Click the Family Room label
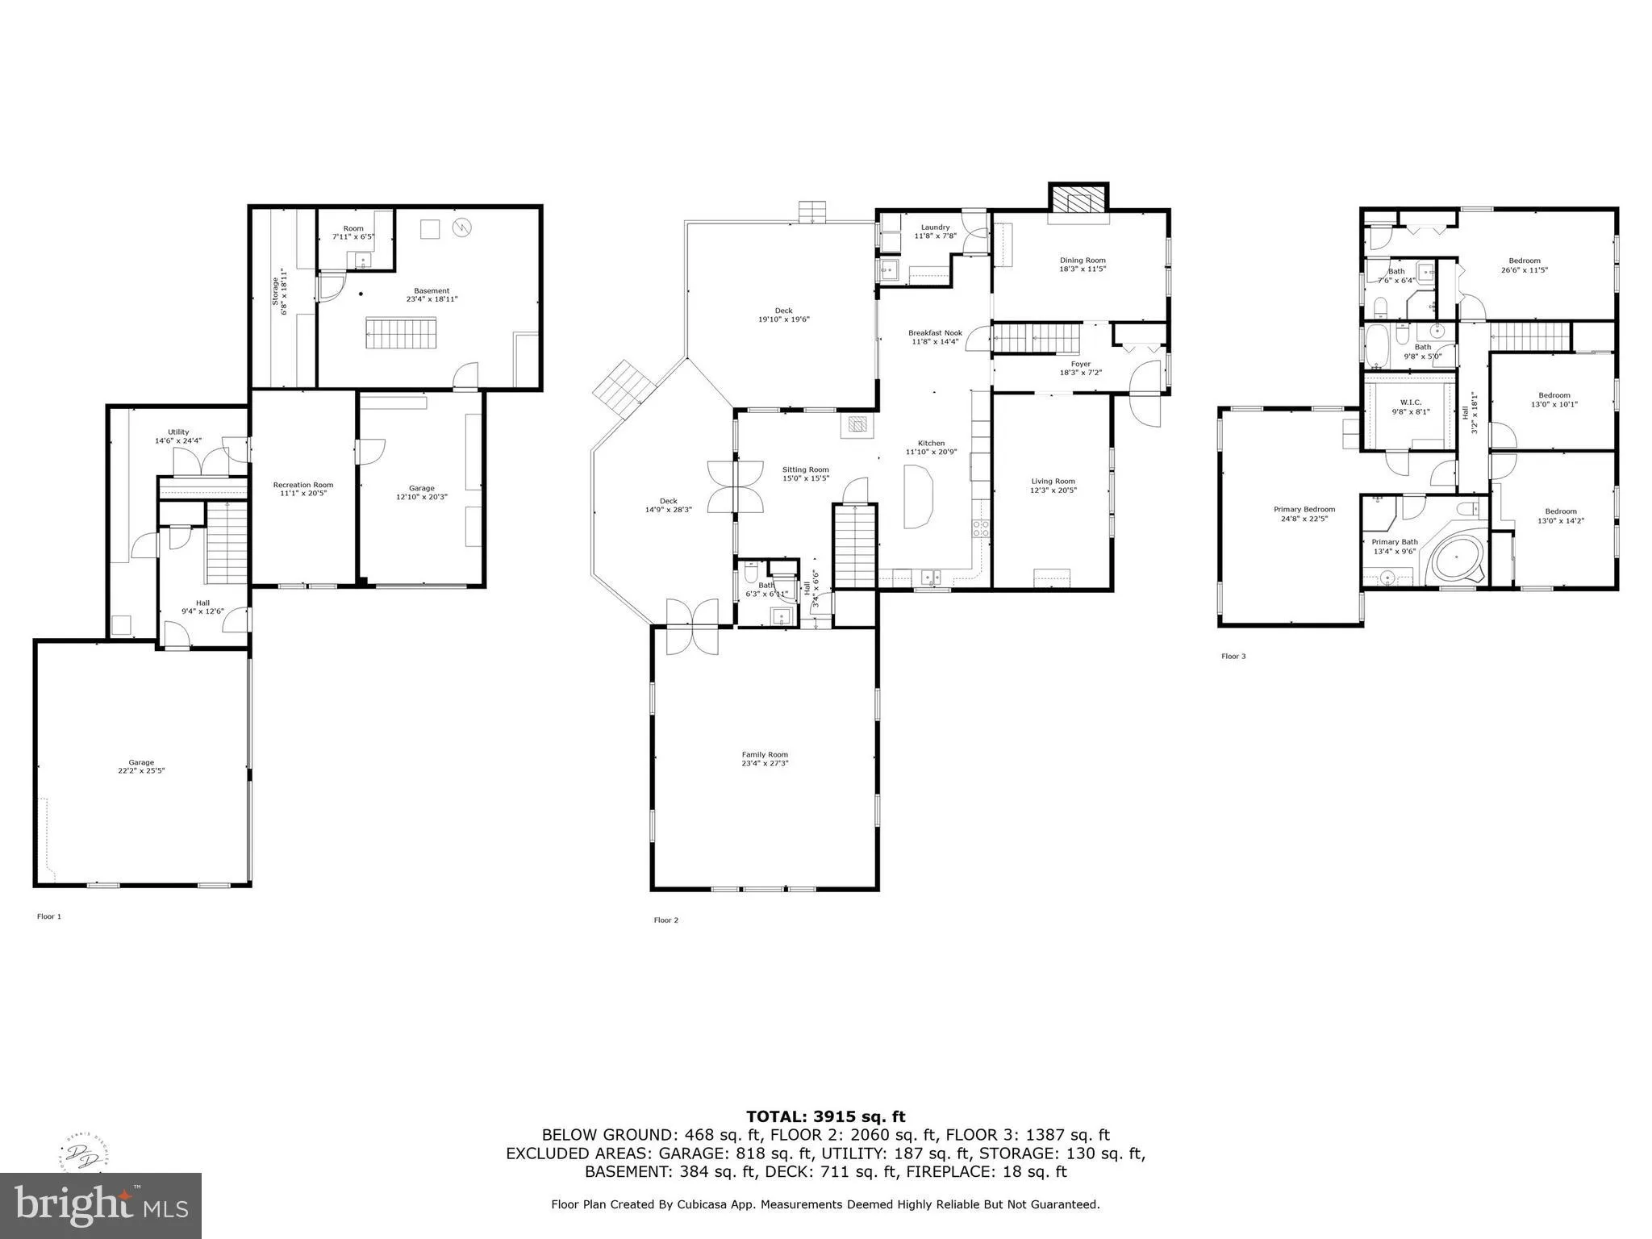point(765,759)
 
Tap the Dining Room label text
point(1083,265)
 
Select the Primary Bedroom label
point(1304,514)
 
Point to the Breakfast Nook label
point(935,337)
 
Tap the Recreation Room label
point(302,489)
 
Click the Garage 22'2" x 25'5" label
point(141,766)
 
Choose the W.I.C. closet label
point(1410,407)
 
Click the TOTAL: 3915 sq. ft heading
point(825,1117)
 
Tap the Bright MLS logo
point(101,1205)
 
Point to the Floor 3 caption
point(1233,657)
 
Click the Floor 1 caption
point(48,916)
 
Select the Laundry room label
point(935,232)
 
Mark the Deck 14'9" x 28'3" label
point(668,505)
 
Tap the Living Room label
point(1053,486)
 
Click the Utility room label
point(178,436)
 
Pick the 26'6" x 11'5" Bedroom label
point(1524,265)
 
